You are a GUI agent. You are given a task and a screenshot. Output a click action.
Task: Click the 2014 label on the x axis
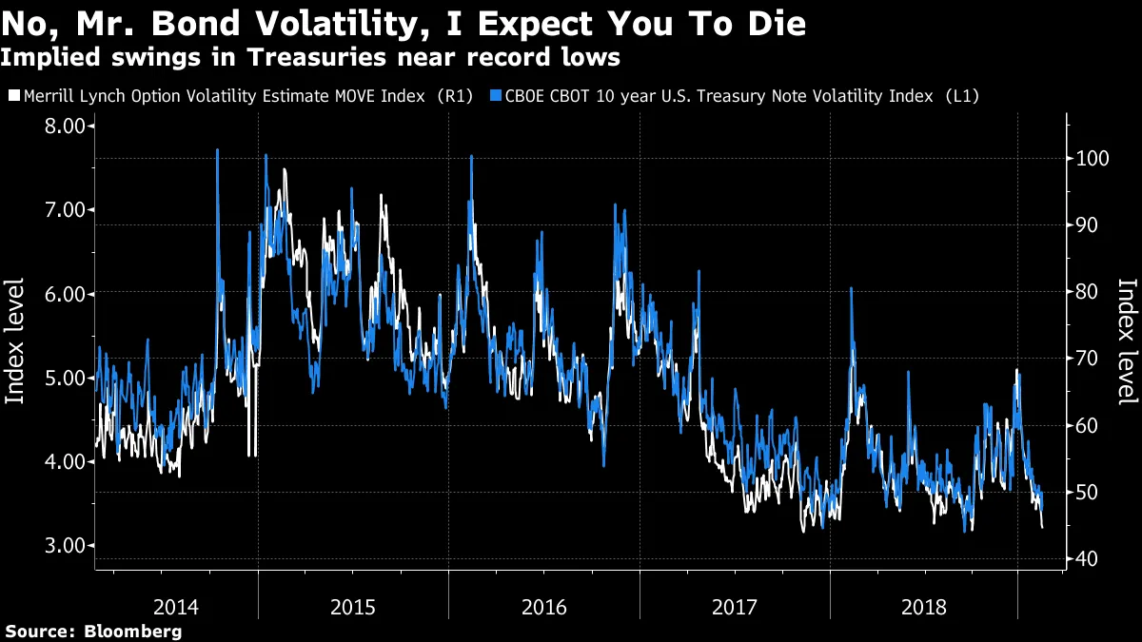tap(176, 606)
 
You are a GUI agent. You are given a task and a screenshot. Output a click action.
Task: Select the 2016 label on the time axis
tap(544, 606)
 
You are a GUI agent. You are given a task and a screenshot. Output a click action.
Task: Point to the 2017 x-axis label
tap(734, 606)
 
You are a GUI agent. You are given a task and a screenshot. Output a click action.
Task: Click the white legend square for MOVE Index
tap(13, 96)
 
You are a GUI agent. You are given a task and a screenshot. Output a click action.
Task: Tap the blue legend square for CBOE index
tap(496, 96)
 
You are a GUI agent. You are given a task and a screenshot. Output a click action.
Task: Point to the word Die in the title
tap(776, 24)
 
